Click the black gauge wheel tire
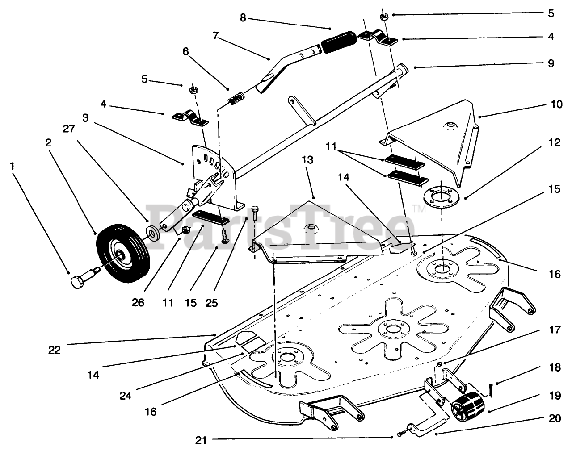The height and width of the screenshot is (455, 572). tap(123, 253)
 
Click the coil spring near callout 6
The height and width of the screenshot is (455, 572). tap(236, 98)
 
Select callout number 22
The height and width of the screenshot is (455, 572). tap(55, 350)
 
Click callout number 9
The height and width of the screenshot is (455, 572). tap(551, 63)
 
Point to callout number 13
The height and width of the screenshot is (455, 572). tap(307, 160)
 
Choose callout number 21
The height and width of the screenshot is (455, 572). tap(201, 440)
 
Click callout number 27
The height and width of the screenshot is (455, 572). tap(69, 129)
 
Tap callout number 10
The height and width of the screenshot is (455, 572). tap(557, 104)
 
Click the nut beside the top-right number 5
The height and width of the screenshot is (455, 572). tap(384, 17)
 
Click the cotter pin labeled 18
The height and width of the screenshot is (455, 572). tap(491, 390)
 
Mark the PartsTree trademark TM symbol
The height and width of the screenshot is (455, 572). tap(419, 209)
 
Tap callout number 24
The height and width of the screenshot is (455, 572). tap(126, 396)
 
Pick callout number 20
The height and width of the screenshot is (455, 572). tap(555, 418)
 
